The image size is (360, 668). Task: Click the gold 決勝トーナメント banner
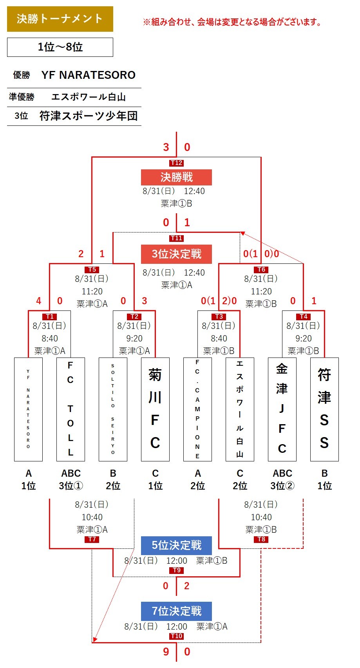click(x=60, y=19)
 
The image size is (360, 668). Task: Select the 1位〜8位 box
click(x=60, y=47)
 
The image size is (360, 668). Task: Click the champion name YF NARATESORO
click(x=88, y=75)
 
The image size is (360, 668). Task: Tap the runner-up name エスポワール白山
click(x=89, y=96)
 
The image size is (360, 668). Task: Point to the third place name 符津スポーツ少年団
click(x=89, y=116)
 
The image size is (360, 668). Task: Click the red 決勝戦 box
click(x=176, y=177)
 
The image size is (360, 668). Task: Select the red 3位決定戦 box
click(x=176, y=254)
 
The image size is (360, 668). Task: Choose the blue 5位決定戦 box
click(x=176, y=545)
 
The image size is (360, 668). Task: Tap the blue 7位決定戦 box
click(x=176, y=611)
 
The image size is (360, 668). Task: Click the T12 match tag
click(x=176, y=163)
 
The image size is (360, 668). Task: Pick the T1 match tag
click(x=50, y=316)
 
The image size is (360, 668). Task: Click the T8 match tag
click(x=261, y=539)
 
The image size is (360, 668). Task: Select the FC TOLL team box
click(x=71, y=409)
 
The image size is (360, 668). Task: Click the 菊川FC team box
click(x=155, y=409)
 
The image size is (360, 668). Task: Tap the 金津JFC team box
click(x=282, y=409)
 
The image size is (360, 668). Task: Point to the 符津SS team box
click(x=324, y=409)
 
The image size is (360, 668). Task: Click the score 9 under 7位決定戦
click(x=166, y=652)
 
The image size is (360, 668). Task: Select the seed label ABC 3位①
click(x=71, y=479)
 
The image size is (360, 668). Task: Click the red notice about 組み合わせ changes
click(x=232, y=22)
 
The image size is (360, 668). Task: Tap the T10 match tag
click(x=176, y=636)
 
